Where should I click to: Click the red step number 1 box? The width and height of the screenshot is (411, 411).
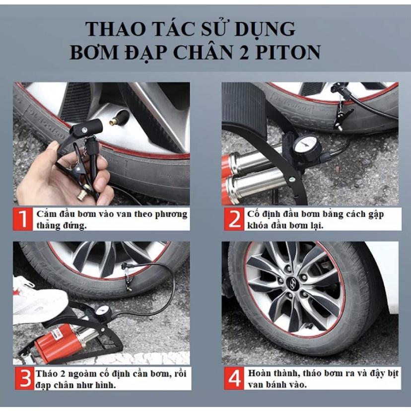23,219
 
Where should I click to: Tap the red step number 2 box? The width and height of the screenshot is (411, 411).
234,219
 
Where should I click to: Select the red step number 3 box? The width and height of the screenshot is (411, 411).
24,378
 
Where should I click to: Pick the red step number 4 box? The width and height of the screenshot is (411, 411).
234,378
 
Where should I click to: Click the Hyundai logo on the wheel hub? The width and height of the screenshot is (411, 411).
291,284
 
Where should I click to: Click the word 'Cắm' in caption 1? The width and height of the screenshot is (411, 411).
47,214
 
